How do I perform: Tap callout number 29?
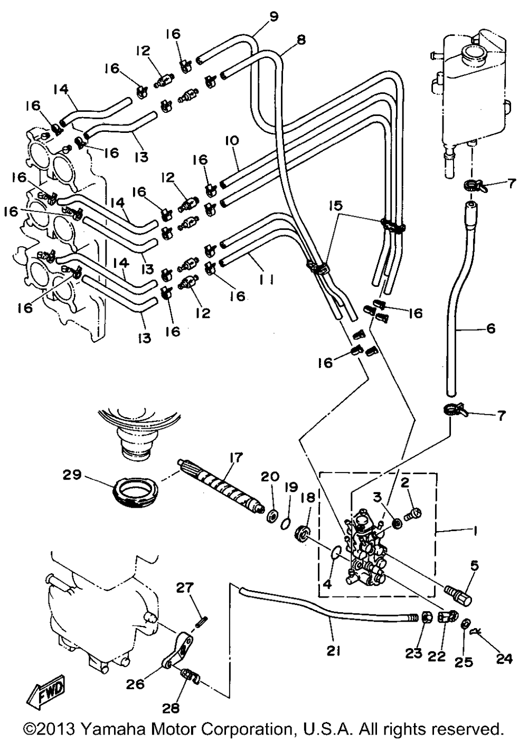point(72,475)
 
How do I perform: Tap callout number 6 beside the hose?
point(491,329)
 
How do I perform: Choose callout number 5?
point(474,566)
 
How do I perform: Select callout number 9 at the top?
point(273,16)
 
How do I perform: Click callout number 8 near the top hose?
point(301,40)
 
